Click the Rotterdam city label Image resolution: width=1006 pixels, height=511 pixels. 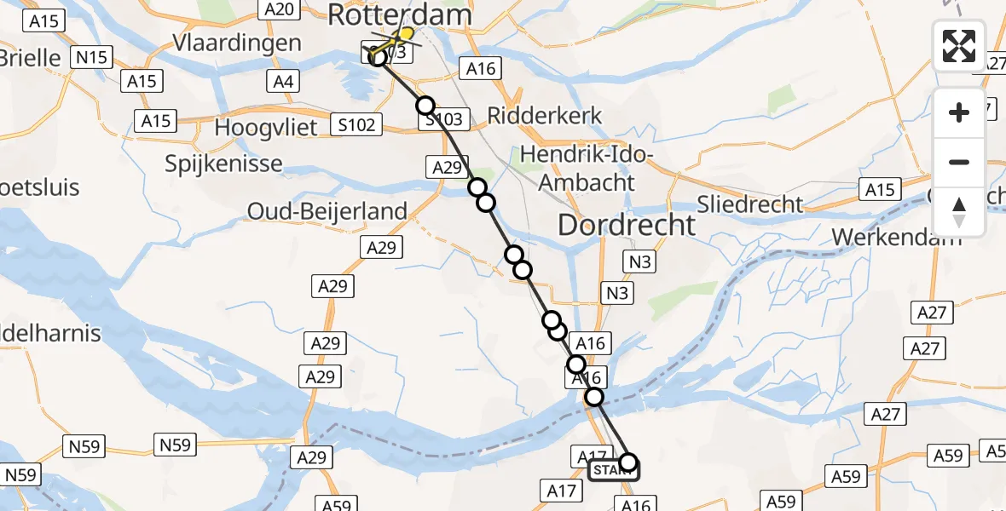[x=399, y=15]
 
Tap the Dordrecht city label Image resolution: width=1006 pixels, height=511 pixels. [x=627, y=225]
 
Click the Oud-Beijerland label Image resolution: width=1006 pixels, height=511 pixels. [x=327, y=210]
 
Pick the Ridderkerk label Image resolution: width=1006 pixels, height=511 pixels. [x=545, y=115]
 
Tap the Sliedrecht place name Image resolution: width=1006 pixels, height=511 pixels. [x=750, y=204]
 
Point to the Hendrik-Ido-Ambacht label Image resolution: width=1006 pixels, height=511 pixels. [x=586, y=169]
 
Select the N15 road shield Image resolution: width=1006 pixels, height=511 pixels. [x=91, y=57]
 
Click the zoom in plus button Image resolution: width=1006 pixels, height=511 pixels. [x=959, y=112]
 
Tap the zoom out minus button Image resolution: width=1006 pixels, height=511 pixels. [x=959, y=162]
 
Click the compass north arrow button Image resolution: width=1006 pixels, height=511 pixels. [x=959, y=211]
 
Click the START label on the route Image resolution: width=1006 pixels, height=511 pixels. [x=613, y=471]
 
